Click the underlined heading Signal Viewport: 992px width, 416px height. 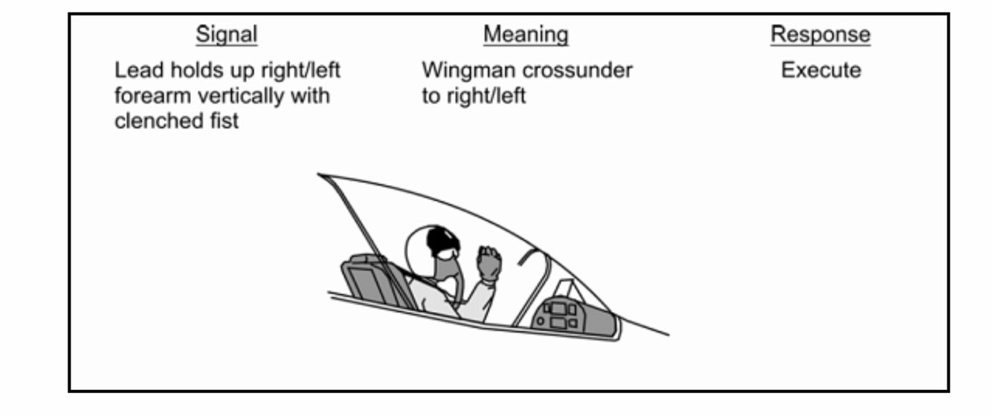click(226, 34)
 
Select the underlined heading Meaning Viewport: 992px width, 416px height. click(525, 34)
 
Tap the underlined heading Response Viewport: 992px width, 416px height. click(819, 34)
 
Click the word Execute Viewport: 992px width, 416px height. click(820, 71)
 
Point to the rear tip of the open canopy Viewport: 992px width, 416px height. click(320, 175)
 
